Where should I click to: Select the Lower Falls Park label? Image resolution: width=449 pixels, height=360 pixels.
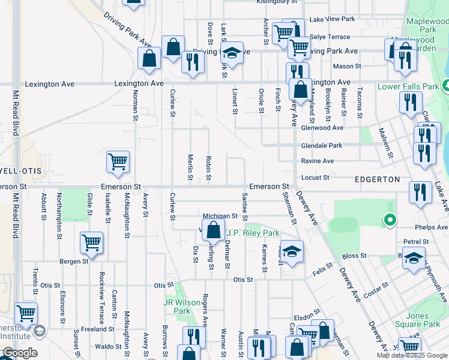point(408,86)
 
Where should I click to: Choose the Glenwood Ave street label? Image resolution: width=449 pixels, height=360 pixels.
point(322,128)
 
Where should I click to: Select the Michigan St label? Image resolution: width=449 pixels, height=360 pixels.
point(220,216)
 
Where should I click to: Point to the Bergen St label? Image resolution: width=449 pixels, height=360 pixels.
point(74,261)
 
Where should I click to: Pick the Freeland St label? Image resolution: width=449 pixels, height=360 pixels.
point(98,329)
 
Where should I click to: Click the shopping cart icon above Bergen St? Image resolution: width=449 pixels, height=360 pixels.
point(91,242)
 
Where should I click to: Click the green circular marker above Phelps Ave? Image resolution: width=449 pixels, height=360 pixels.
point(390,220)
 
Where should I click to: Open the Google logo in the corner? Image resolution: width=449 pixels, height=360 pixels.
point(20,353)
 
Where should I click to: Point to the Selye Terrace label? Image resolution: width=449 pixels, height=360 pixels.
point(329,37)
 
